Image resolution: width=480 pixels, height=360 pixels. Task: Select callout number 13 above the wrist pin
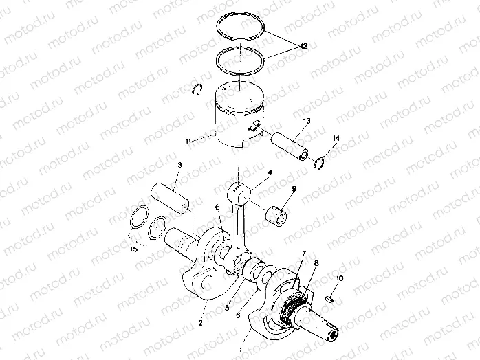point(306,120)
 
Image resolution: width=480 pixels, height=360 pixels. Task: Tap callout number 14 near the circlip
point(336,139)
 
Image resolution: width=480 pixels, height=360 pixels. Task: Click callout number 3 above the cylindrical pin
point(179,165)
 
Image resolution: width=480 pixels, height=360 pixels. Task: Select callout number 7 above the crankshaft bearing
point(302,255)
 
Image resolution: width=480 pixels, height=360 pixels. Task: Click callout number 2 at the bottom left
point(201,322)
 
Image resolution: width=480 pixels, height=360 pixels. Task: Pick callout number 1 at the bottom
point(240,350)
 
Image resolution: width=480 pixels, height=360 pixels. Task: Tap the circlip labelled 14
point(319,163)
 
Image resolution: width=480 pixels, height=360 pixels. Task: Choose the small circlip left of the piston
point(196,87)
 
